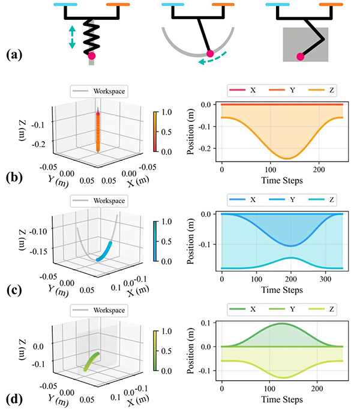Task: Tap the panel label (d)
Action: tap(13, 398)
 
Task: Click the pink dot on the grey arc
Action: tap(209, 55)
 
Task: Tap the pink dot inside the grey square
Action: tap(299, 56)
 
